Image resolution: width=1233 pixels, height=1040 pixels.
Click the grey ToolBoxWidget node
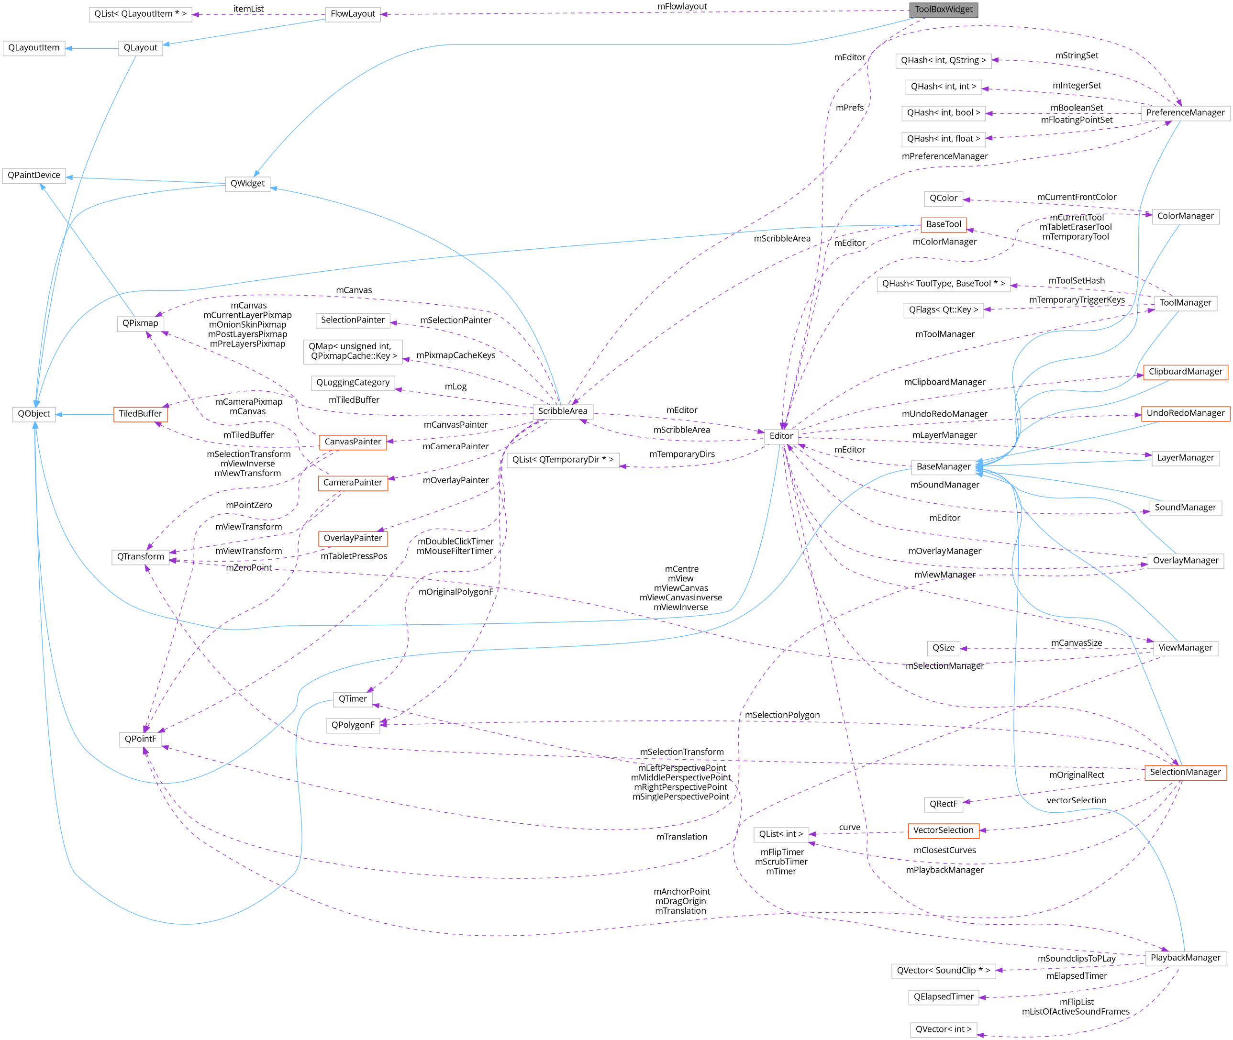[x=944, y=10]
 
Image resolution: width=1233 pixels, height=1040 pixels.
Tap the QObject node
[x=33, y=414]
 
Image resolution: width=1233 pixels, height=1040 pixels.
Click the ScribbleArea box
[x=563, y=411]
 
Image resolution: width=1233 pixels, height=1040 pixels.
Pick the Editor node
[x=781, y=436]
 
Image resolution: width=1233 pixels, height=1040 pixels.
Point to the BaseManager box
[x=943, y=467]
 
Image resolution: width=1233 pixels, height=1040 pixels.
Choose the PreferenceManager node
[x=1185, y=112]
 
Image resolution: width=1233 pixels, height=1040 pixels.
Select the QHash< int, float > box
[x=943, y=139]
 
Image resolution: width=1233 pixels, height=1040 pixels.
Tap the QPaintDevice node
[x=33, y=175]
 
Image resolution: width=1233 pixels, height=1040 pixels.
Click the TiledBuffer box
[x=140, y=414]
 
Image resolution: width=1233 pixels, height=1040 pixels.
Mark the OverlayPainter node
[x=353, y=538]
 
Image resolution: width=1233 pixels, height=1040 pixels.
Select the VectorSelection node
[x=943, y=830]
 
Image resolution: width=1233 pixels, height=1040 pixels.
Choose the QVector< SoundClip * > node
[x=943, y=971]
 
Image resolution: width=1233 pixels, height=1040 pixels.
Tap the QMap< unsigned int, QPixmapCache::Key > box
[x=353, y=352]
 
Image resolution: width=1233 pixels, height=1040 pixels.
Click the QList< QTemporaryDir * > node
[x=563, y=460]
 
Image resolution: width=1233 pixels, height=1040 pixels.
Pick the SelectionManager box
[x=1185, y=772]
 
